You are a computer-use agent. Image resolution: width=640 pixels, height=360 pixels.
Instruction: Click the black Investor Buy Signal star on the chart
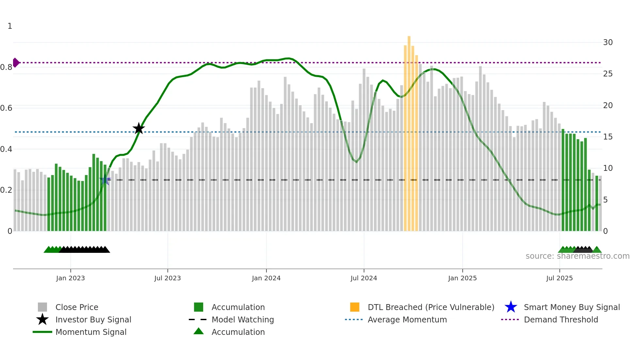pos(139,128)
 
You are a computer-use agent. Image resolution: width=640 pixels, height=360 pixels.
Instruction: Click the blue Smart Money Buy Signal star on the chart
pos(105,180)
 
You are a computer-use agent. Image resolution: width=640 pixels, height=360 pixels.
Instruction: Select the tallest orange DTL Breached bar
pos(409,131)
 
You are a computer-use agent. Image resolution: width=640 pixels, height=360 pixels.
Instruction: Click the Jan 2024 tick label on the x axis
pos(266,278)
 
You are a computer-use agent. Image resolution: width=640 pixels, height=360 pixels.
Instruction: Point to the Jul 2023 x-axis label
pos(168,278)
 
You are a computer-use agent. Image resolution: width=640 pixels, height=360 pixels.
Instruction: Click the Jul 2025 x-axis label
pos(559,278)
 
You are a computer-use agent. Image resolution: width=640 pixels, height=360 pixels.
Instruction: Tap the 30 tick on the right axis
pos(608,42)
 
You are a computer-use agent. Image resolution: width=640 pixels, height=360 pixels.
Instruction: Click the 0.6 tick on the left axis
pos(6,108)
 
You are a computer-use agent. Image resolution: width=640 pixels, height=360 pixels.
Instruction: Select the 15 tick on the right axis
pos(608,137)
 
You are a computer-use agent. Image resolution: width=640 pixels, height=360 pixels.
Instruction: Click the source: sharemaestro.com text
pos(577,256)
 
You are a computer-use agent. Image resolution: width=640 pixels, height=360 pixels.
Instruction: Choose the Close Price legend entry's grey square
pos(42,307)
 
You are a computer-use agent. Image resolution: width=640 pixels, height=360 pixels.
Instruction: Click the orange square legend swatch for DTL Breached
pos(355,307)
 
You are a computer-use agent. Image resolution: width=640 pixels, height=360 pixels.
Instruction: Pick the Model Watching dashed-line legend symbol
pos(198,319)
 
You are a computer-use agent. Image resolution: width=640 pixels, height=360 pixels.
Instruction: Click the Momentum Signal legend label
pos(91,332)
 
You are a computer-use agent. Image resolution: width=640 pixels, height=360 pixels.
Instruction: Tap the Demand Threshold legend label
pos(561,319)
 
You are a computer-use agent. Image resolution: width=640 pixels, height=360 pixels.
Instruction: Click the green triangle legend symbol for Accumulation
pos(199,331)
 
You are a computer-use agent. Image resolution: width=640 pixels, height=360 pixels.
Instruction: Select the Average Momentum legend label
pos(407,319)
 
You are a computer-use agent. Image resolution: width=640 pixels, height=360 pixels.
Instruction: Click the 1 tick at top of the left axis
pos(10,26)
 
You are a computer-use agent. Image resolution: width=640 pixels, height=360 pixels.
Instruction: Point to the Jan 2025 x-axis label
pos(462,278)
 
